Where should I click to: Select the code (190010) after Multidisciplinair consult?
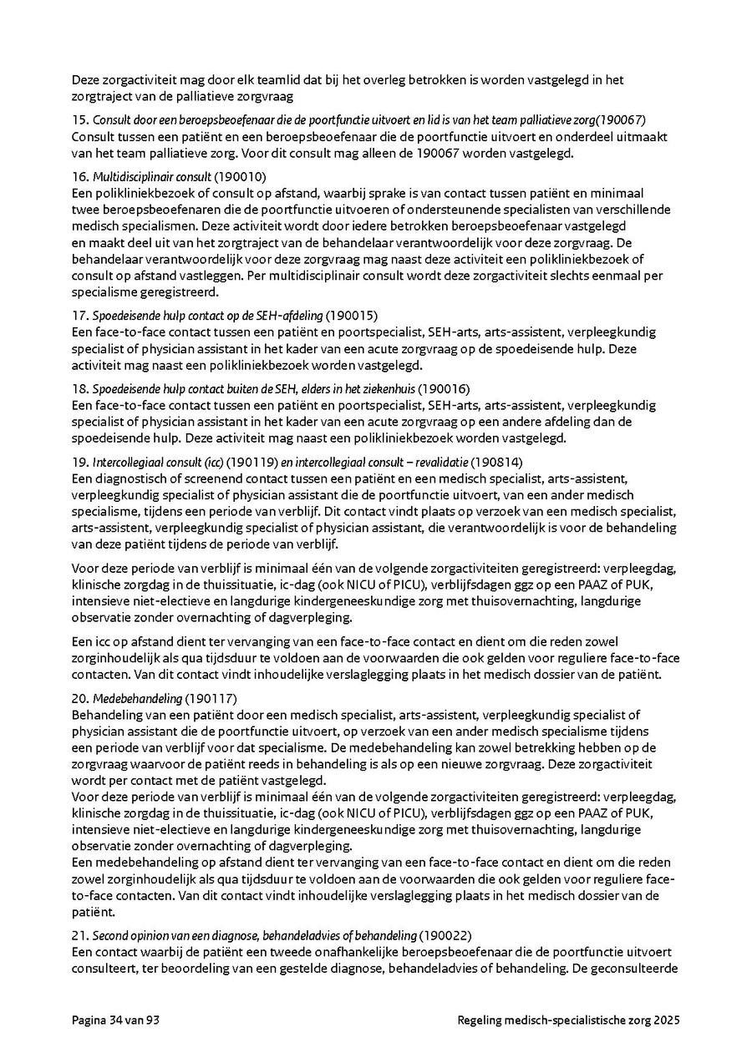pyautogui.click(x=240, y=176)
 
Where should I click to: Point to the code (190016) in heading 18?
pyautogui.click(x=445, y=389)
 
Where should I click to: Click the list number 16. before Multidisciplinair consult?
pyautogui.click(x=80, y=176)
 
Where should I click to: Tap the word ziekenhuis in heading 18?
pyautogui.click(x=389, y=389)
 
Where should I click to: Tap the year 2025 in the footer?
pyautogui.click(x=667, y=1020)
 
